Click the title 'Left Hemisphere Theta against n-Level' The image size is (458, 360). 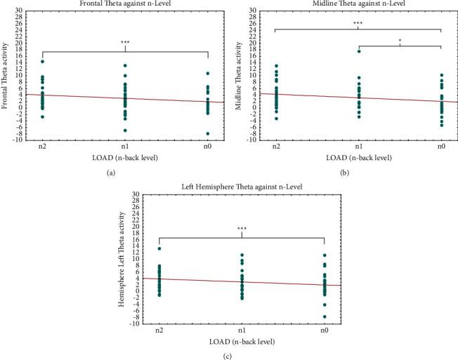242,187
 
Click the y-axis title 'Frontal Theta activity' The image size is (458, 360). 6,75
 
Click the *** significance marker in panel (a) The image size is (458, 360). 125,43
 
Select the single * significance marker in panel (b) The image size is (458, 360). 400,41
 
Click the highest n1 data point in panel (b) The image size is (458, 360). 358,51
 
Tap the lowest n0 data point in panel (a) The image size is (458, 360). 208,133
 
